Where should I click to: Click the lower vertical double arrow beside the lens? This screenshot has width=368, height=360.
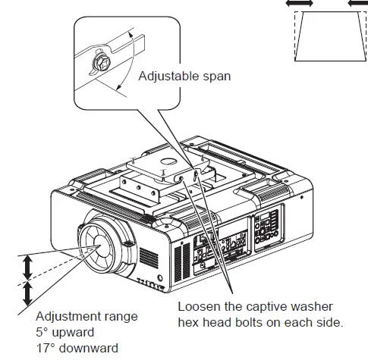(27, 293)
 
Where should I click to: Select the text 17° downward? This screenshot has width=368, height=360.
(77, 348)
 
